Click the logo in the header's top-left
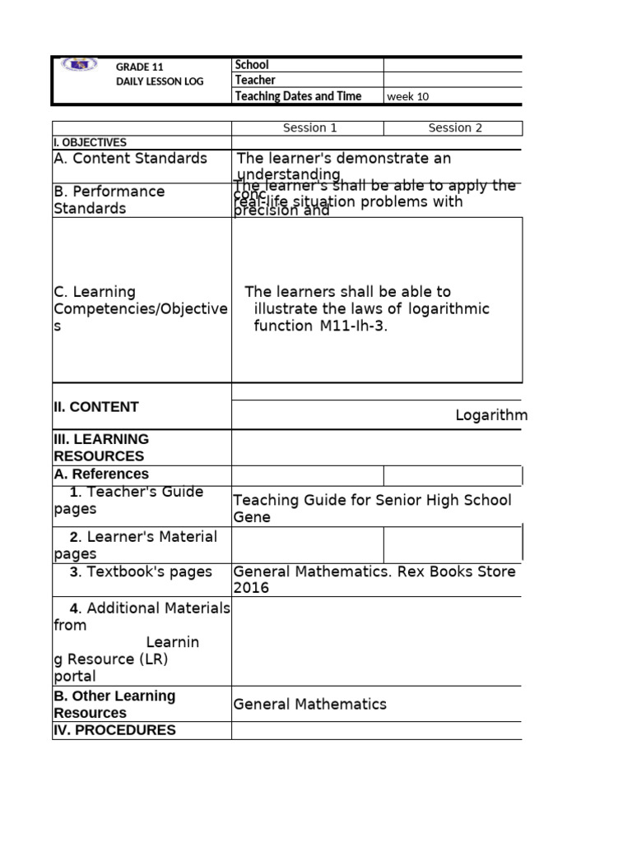click(78, 65)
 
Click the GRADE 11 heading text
click(133, 67)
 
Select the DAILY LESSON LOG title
click(160, 81)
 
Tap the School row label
click(252, 65)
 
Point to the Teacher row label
click(255, 81)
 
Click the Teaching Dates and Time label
click(298, 96)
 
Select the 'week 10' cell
click(407, 97)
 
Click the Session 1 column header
click(309, 128)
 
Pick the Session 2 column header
click(454, 128)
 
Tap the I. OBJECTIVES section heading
click(91, 142)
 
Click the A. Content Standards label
click(130, 159)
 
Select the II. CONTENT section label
click(96, 407)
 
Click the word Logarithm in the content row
click(491, 415)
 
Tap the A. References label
click(101, 474)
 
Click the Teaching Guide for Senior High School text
click(372, 500)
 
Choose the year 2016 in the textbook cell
click(251, 589)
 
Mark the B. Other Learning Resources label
click(114, 704)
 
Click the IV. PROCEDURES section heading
click(114, 730)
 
